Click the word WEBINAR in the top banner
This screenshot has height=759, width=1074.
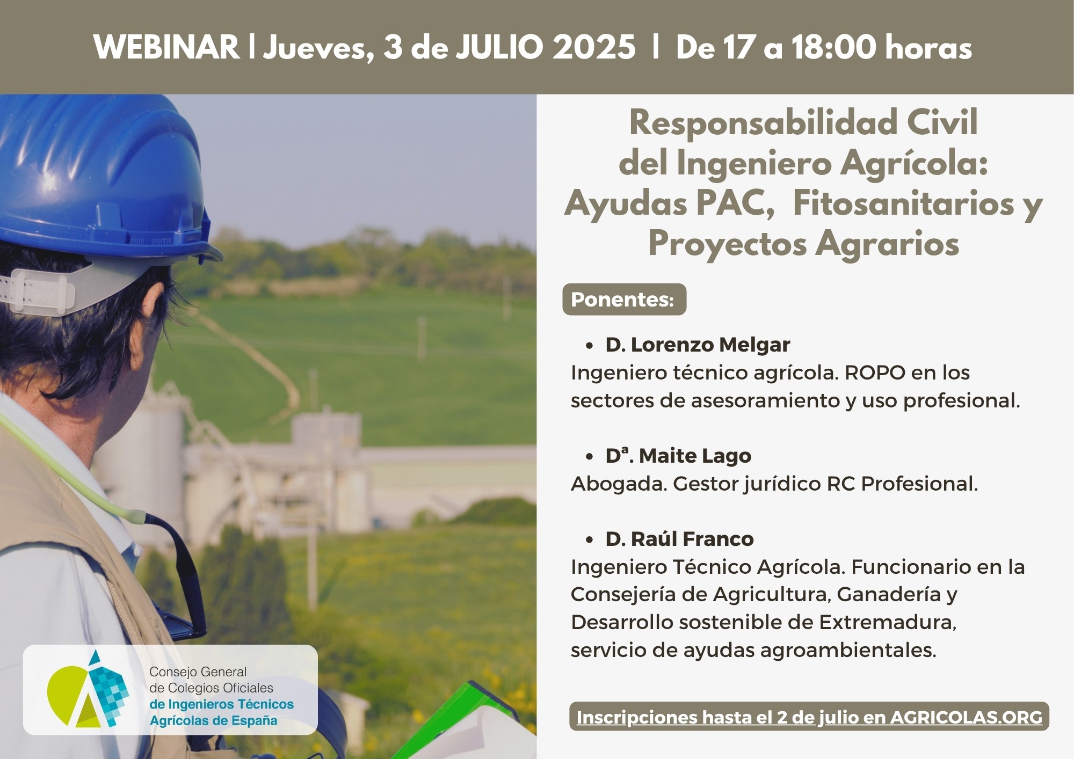(x=166, y=47)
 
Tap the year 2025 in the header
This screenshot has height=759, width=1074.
(x=594, y=47)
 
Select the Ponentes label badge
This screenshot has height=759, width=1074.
(x=624, y=300)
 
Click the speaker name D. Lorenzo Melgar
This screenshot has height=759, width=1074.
(x=698, y=345)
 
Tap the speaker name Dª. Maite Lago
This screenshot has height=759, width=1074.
(x=678, y=456)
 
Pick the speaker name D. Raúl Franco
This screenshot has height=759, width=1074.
(x=679, y=539)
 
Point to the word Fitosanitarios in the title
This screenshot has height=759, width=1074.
(x=903, y=204)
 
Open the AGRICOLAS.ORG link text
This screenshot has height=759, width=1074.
(x=966, y=717)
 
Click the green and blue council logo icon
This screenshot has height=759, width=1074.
(x=88, y=689)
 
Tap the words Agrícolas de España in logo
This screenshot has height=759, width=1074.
(x=214, y=720)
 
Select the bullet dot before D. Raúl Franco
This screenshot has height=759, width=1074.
(x=590, y=540)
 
